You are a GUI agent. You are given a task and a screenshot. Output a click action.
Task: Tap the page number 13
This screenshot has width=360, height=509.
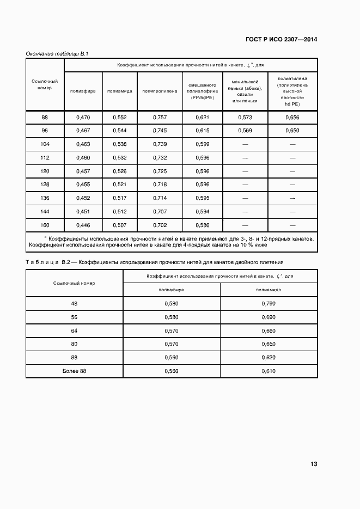[314, 464]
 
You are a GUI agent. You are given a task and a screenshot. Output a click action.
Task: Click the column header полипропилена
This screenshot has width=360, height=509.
[160, 91]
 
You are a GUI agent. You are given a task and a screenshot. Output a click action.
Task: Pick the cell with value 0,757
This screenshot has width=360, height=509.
[160, 118]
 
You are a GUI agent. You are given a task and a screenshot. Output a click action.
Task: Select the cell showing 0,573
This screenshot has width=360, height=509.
[245, 118]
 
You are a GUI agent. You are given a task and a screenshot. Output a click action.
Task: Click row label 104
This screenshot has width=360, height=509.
[45, 144]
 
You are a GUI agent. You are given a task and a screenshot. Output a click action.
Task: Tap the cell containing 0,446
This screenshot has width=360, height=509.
[83, 224]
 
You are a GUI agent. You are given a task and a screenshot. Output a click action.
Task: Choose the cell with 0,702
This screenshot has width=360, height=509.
[160, 224]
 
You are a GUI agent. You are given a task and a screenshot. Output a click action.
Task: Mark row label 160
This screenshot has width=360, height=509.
[45, 224]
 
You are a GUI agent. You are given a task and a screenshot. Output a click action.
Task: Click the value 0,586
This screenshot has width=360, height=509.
[203, 224]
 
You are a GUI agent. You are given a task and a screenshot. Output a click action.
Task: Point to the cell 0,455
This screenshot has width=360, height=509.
[83, 184]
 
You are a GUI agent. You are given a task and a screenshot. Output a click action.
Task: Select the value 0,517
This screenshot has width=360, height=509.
[119, 198]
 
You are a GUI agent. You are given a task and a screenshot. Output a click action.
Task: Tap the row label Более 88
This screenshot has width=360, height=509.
[74, 371]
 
